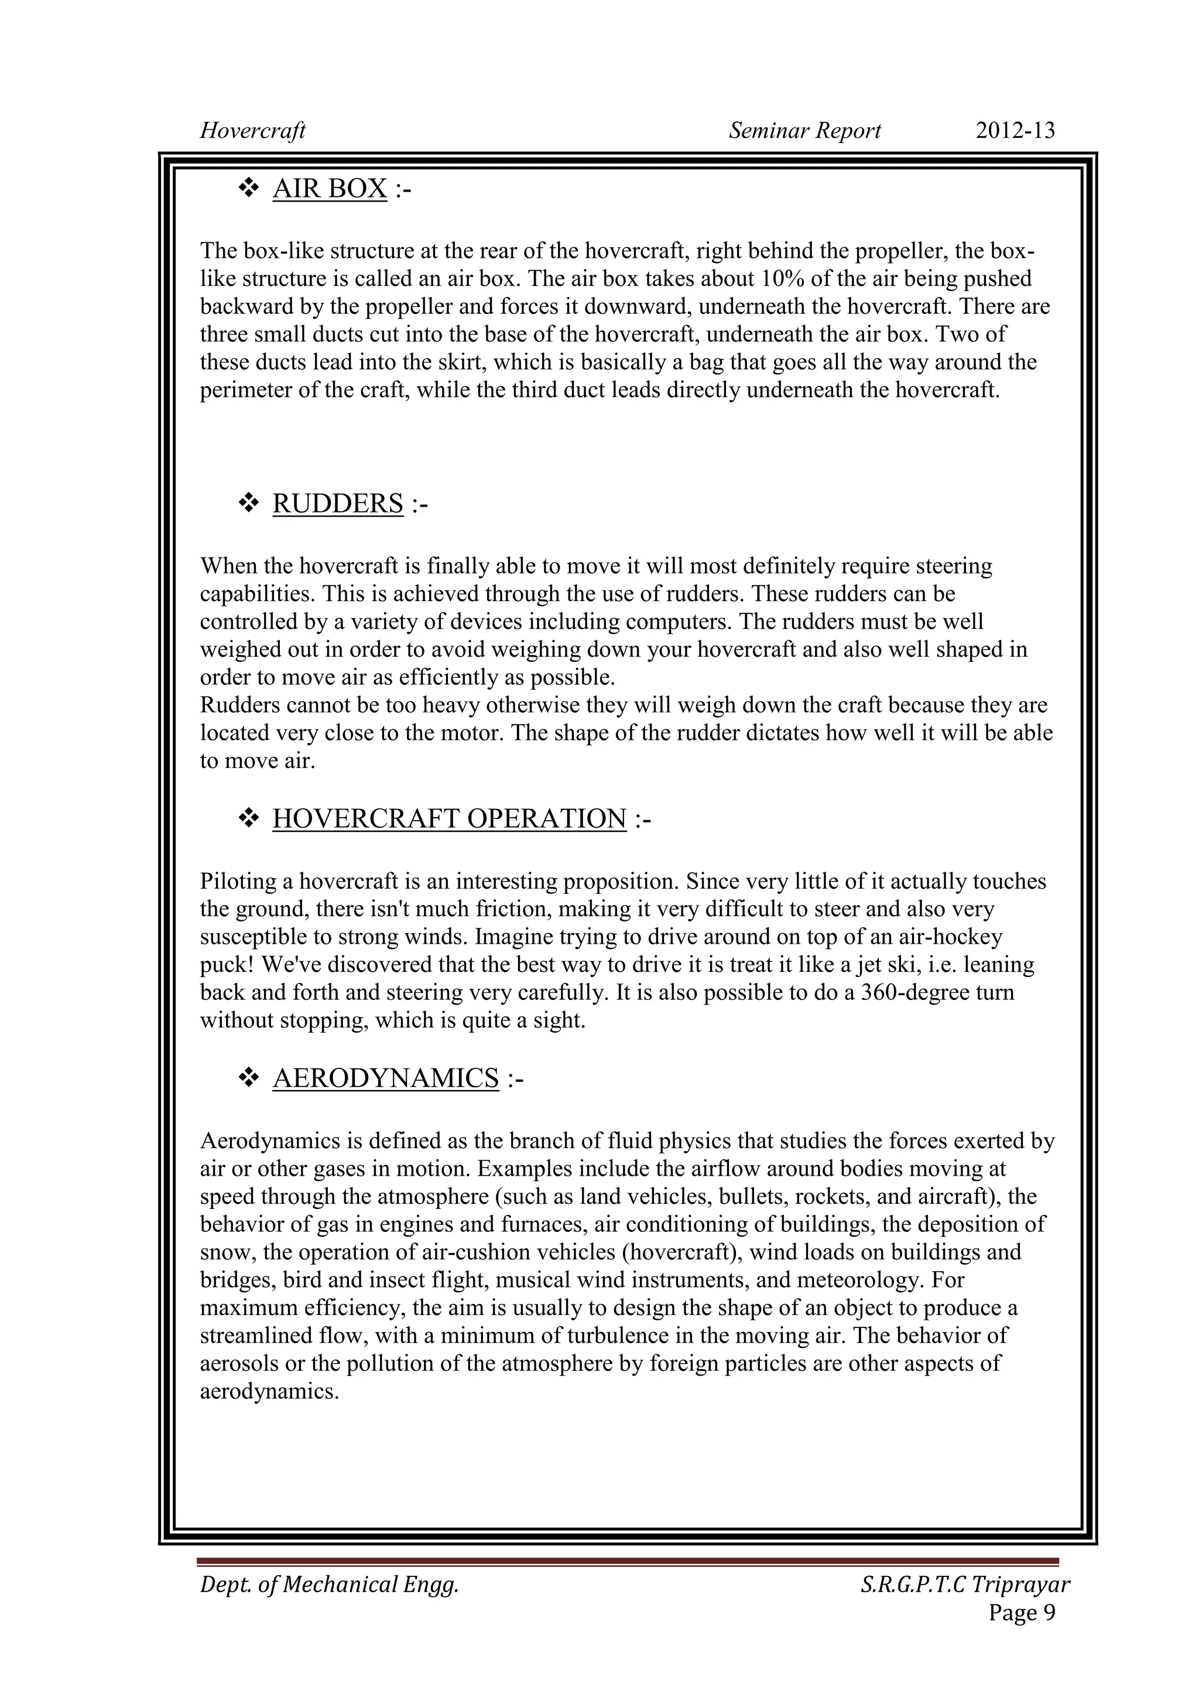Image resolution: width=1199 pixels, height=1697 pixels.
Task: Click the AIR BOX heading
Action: (330, 189)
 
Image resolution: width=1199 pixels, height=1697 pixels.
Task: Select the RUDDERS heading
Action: (338, 504)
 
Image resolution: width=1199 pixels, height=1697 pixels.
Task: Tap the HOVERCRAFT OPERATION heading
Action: (449, 819)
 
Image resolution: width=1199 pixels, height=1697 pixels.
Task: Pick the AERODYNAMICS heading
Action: (386, 1078)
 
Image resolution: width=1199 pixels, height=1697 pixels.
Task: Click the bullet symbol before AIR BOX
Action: (248, 189)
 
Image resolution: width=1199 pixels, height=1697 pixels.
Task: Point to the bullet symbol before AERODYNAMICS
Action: (248, 1078)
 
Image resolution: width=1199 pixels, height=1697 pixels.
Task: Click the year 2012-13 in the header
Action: (1015, 131)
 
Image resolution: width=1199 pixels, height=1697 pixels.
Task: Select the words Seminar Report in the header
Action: (804, 131)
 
